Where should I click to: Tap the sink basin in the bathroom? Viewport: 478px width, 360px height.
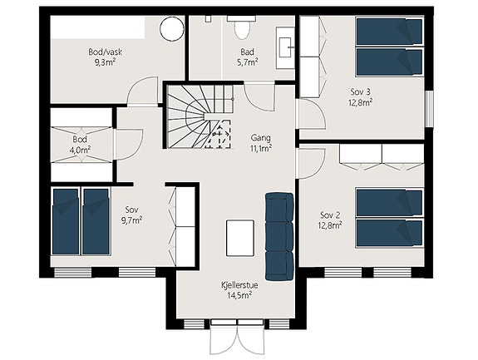click(286, 47)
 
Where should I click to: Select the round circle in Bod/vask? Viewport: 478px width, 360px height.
click(172, 28)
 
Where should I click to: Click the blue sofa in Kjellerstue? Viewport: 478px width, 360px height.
click(279, 236)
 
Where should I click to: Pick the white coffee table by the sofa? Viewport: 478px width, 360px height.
click(240, 238)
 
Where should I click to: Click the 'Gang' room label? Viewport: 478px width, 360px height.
click(261, 138)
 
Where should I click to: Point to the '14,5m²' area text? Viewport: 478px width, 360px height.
click(239, 295)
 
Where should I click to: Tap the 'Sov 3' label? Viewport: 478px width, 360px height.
click(360, 91)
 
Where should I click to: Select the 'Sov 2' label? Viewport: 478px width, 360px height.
click(330, 215)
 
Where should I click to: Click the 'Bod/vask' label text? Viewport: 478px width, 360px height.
click(106, 52)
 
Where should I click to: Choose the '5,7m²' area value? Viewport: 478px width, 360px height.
click(248, 62)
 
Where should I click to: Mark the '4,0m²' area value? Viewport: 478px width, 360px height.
click(80, 150)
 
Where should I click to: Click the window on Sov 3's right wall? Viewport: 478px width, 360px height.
click(429, 109)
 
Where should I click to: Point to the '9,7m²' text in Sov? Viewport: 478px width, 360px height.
click(131, 220)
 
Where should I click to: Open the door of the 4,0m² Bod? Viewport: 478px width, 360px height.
click(129, 144)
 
